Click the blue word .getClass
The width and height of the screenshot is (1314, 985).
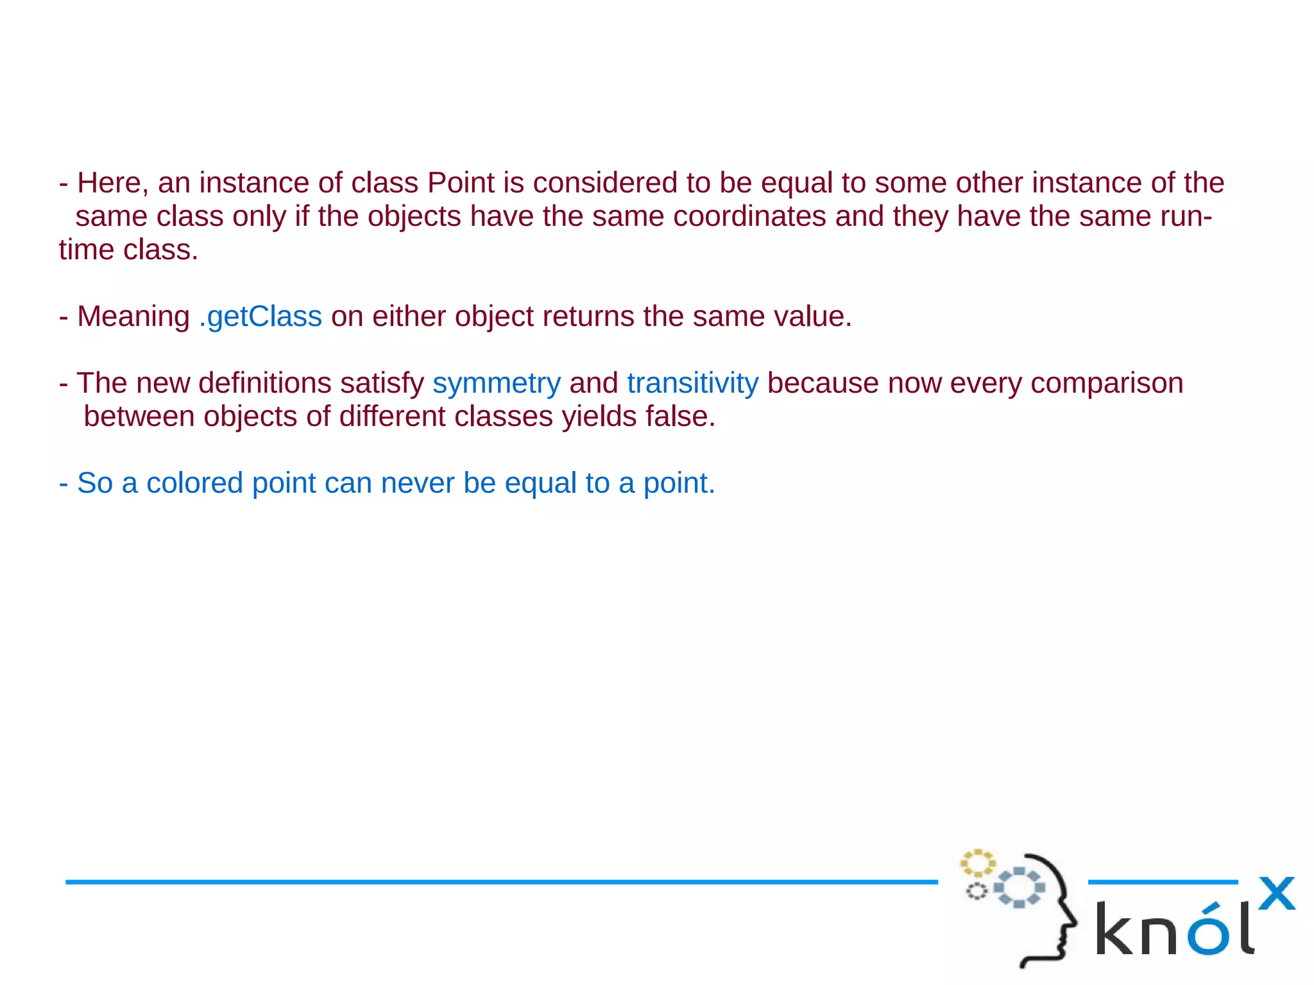pyautogui.click(x=260, y=316)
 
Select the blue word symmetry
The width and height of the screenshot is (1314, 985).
pyautogui.click(x=497, y=384)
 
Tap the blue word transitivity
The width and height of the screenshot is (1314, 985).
pyautogui.click(x=692, y=383)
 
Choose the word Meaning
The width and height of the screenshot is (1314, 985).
pyautogui.click(x=133, y=317)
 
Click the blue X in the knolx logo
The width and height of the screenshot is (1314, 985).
pyautogui.click(x=1276, y=893)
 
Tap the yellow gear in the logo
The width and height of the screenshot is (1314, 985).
pyautogui.click(x=977, y=862)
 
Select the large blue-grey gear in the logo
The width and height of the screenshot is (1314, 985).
pyautogui.click(x=1019, y=887)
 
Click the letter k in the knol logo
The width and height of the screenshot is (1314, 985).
pyautogui.click(x=1115, y=929)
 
